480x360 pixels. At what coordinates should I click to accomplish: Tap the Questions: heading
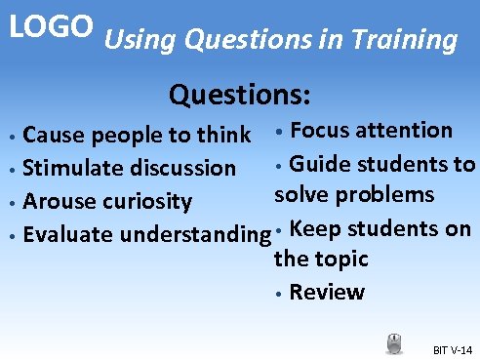coord(240,96)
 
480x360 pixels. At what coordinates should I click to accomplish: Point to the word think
coord(223,134)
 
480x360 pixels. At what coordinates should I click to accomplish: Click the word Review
coord(327,292)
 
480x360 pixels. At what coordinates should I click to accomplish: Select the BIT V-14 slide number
coord(452,349)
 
